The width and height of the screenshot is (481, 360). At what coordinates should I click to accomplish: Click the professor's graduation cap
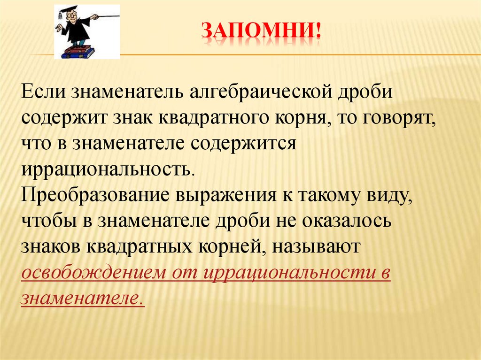(x=69, y=10)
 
